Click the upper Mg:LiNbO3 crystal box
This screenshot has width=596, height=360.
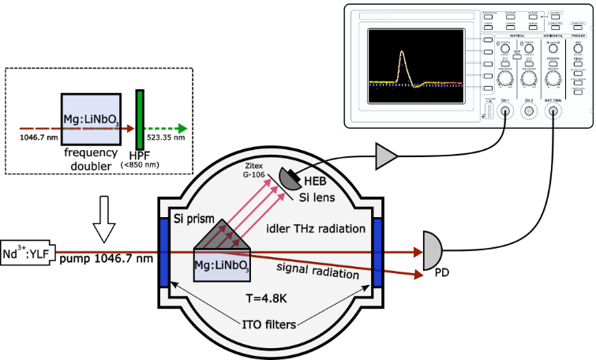[91, 119]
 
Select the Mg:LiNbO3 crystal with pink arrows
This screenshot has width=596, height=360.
[222, 265]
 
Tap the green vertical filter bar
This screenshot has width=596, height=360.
[140, 119]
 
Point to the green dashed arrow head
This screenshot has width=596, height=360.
[182, 129]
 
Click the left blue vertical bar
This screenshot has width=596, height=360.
[164, 252]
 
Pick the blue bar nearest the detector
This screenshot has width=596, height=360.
[377, 252]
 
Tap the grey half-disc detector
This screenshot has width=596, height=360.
[431, 251]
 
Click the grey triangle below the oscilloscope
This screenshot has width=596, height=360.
[384, 156]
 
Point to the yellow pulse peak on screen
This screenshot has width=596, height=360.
[402, 53]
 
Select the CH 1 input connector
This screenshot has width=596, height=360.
[505, 111]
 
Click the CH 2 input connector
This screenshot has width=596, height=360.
[529, 111]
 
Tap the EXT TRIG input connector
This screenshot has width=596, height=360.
[553, 111]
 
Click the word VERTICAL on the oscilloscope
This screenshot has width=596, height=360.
[517, 36]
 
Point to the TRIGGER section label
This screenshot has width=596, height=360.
[578, 36]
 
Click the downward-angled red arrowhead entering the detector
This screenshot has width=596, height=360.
[418, 275]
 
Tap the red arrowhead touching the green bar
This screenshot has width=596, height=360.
[130, 129]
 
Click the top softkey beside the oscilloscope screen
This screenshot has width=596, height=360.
[488, 39]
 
